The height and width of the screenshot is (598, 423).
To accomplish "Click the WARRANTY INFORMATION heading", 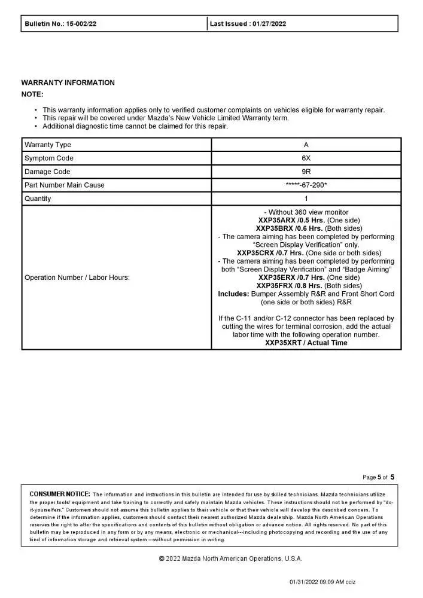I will tap(68, 83).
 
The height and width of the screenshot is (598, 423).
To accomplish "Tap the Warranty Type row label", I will tap(48, 145).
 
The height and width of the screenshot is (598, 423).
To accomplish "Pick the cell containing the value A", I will tap(306, 145).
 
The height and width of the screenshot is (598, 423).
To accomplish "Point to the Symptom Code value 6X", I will tap(306, 158).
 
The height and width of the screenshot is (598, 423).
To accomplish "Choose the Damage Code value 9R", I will tap(306, 172).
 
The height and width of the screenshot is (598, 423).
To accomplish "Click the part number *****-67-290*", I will tap(306, 185).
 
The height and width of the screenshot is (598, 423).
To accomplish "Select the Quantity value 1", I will tap(306, 199).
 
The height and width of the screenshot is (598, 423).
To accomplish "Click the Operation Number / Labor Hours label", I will tap(77, 277).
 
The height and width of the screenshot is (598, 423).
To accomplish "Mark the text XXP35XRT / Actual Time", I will tap(306, 343).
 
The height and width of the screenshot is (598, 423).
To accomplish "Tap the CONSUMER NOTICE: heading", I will tap(60, 494).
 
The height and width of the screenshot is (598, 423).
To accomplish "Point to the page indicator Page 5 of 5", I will tap(379, 477).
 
